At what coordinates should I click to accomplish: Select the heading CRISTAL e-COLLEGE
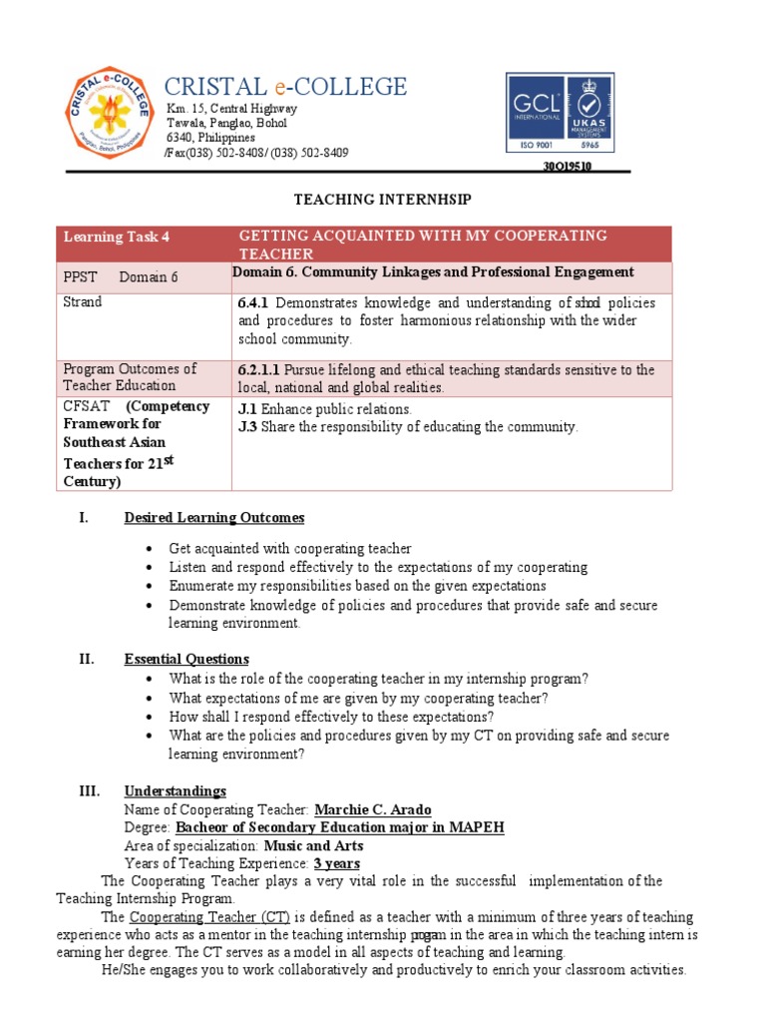tap(285, 87)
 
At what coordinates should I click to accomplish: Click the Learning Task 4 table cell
tap(117, 237)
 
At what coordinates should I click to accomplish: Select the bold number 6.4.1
tap(253, 302)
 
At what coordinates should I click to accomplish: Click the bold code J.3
tap(247, 427)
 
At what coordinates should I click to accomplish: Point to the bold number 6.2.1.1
tap(259, 370)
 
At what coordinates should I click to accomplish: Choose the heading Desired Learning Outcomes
tap(213, 518)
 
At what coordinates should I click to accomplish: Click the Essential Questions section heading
tap(186, 660)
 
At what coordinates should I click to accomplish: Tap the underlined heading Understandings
tap(175, 791)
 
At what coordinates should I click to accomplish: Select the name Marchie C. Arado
tap(373, 809)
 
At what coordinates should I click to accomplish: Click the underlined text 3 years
tap(336, 863)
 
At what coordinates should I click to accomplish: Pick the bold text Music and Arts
tap(309, 845)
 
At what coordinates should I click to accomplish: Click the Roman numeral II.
tap(88, 660)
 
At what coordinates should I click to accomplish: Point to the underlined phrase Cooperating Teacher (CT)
tap(209, 917)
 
